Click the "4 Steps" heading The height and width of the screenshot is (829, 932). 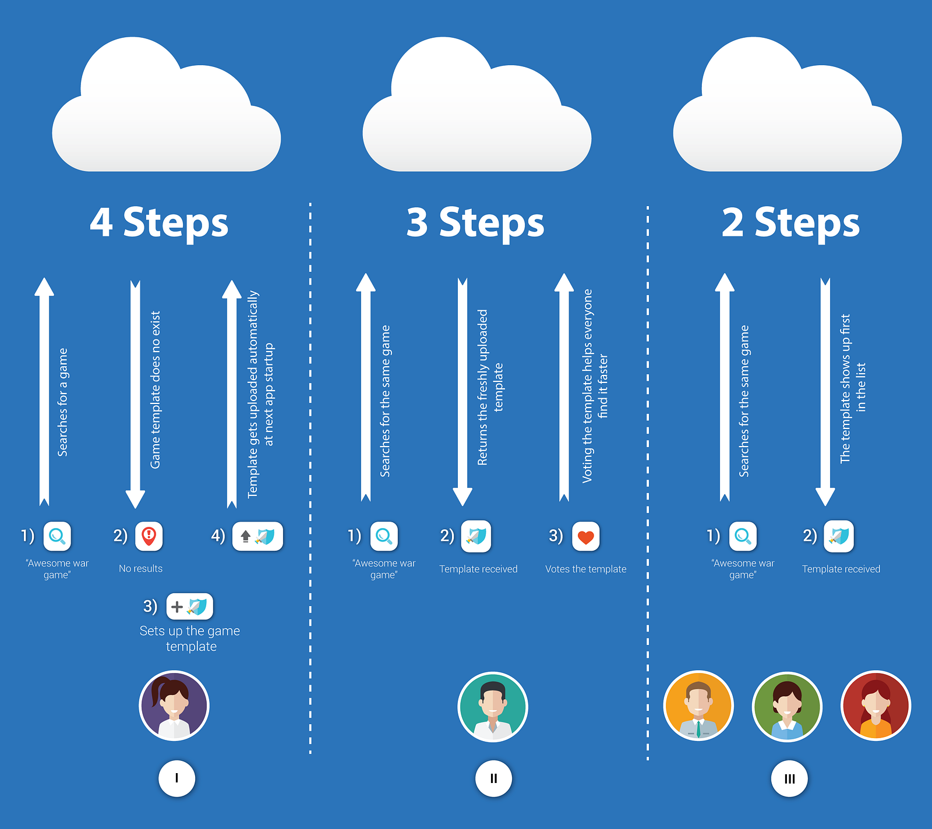[x=159, y=222]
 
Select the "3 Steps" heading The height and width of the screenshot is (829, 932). [x=475, y=222]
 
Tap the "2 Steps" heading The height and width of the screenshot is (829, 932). [x=790, y=222]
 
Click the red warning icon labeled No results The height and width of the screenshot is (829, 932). [x=149, y=536]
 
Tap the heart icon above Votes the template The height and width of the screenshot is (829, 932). [x=585, y=537]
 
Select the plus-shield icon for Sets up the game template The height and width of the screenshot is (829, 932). [x=190, y=607]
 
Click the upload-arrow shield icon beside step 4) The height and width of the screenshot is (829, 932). [x=257, y=536]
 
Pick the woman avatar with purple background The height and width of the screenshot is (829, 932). [x=174, y=706]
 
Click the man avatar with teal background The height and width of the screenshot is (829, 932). [x=493, y=707]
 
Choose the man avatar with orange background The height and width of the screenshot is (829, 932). [x=698, y=706]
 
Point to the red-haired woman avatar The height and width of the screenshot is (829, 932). [x=875, y=706]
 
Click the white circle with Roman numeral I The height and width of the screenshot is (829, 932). [x=176, y=778]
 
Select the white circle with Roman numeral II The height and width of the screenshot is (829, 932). [x=493, y=778]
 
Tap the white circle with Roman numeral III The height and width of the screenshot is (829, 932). [x=789, y=779]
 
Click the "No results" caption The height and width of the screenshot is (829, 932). [x=140, y=569]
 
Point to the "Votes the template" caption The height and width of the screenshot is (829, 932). [x=585, y=569]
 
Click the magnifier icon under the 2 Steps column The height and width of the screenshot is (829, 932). [x=743, y=536]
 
